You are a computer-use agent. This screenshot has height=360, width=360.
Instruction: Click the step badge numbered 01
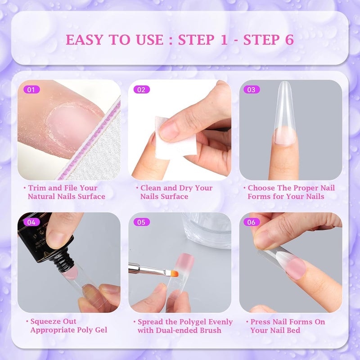pos(31,90)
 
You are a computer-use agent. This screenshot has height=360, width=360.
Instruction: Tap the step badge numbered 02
pos(141,90)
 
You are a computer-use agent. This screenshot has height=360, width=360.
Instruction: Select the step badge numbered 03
pos(251,90)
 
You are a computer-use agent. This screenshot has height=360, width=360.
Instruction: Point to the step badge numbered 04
pos(31,222)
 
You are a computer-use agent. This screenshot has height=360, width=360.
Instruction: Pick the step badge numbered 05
pos(141,222)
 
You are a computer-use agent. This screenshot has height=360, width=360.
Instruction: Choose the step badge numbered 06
pos(251,222)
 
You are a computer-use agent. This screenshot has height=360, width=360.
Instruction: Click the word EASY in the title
pos(85,40)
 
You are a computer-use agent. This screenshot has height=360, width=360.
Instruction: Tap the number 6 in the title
pos(289,40)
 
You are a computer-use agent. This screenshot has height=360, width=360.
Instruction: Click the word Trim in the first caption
pos(37,188)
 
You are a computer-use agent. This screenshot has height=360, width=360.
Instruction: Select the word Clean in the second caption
pos(151,188)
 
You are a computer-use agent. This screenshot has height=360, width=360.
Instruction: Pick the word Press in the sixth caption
pos(261,322)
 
